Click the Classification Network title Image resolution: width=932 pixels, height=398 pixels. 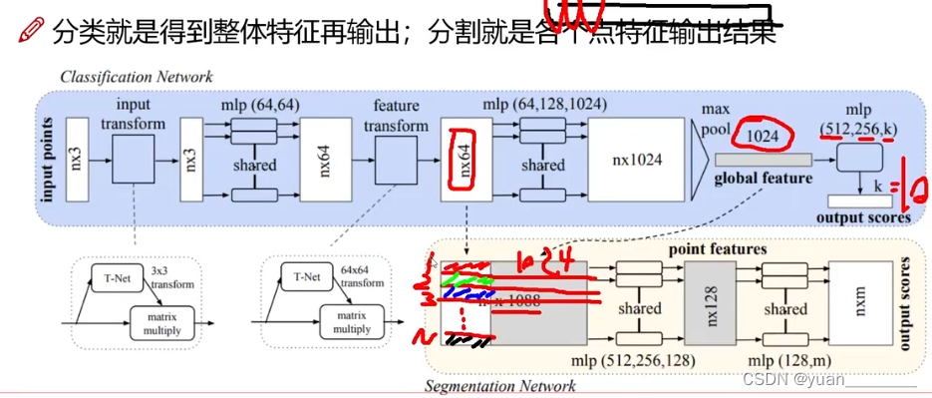click(137, 77)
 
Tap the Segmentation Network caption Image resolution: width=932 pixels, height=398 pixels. click(501, 386)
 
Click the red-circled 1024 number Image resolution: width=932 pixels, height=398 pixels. click(763, 134)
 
